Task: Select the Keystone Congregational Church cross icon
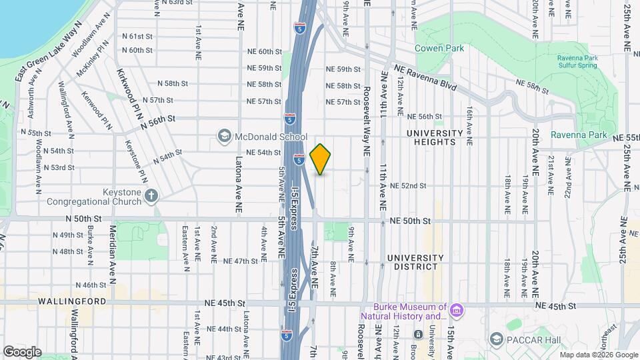(151, 196)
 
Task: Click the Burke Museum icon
(456, 311)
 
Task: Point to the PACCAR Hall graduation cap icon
(495, 339)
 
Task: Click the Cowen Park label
(435, 48)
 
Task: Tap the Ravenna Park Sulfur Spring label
(578, 62)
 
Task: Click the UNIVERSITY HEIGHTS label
(435, 137)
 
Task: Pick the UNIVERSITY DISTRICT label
(415, 262)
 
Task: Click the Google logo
(21, 351)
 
